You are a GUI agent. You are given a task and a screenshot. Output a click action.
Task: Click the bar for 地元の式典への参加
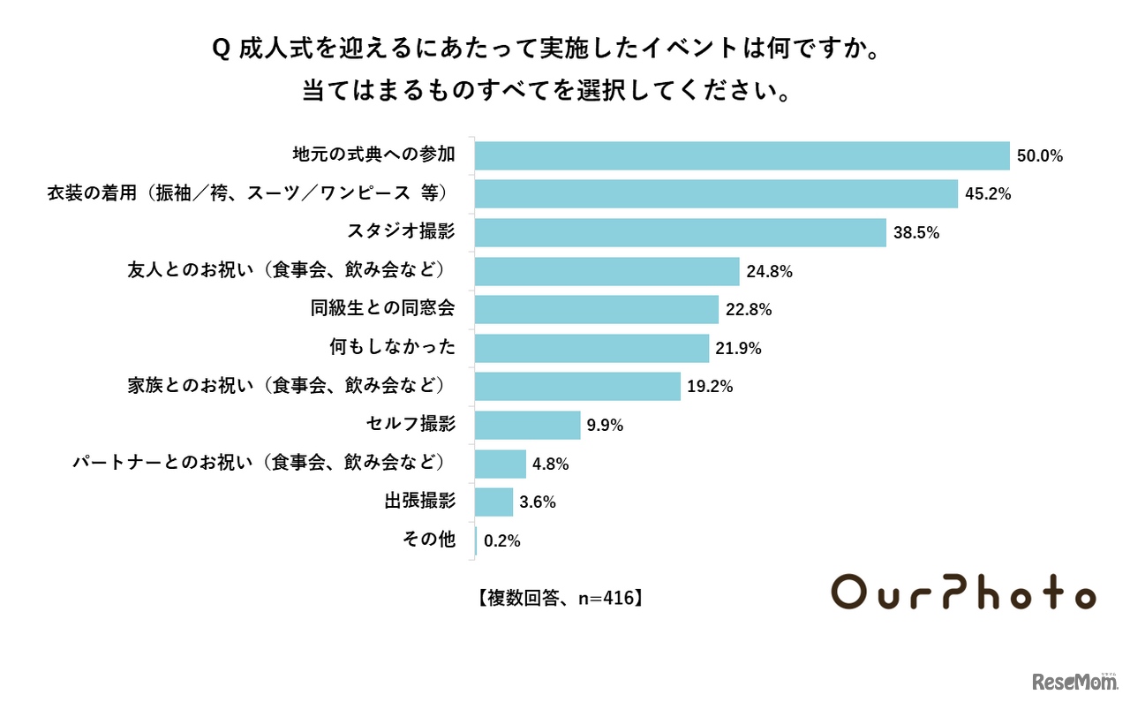coord(742,155)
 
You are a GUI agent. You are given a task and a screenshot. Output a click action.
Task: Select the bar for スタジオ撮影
coord(680,233)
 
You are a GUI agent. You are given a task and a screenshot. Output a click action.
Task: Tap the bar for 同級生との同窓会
coord(596,310)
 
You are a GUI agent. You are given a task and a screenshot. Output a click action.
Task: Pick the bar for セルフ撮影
coord(527,426)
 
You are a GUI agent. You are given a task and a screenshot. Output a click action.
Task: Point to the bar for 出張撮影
coord(493,502)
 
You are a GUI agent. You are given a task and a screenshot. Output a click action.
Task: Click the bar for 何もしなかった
coord(591,349)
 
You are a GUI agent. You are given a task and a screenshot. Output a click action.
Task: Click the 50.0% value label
coord(1039,156)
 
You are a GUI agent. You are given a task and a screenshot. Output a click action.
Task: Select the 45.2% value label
coord(988,194)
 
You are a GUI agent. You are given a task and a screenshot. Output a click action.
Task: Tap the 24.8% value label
coord(769,272)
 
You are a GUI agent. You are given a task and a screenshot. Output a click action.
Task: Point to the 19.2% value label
coord(710,387)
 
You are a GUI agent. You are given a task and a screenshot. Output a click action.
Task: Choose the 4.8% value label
coord(550,464)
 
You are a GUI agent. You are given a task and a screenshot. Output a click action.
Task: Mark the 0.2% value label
coord(501,541)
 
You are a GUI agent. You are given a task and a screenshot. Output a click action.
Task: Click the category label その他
coord(428,540)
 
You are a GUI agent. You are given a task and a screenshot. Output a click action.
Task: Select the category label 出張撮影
coord(419,502)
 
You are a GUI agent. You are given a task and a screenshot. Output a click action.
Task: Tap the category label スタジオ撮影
coord(401,232)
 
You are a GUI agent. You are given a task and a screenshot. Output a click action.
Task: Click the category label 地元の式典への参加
coord(373,155)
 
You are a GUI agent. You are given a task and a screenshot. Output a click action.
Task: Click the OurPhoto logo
coord(964,593)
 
